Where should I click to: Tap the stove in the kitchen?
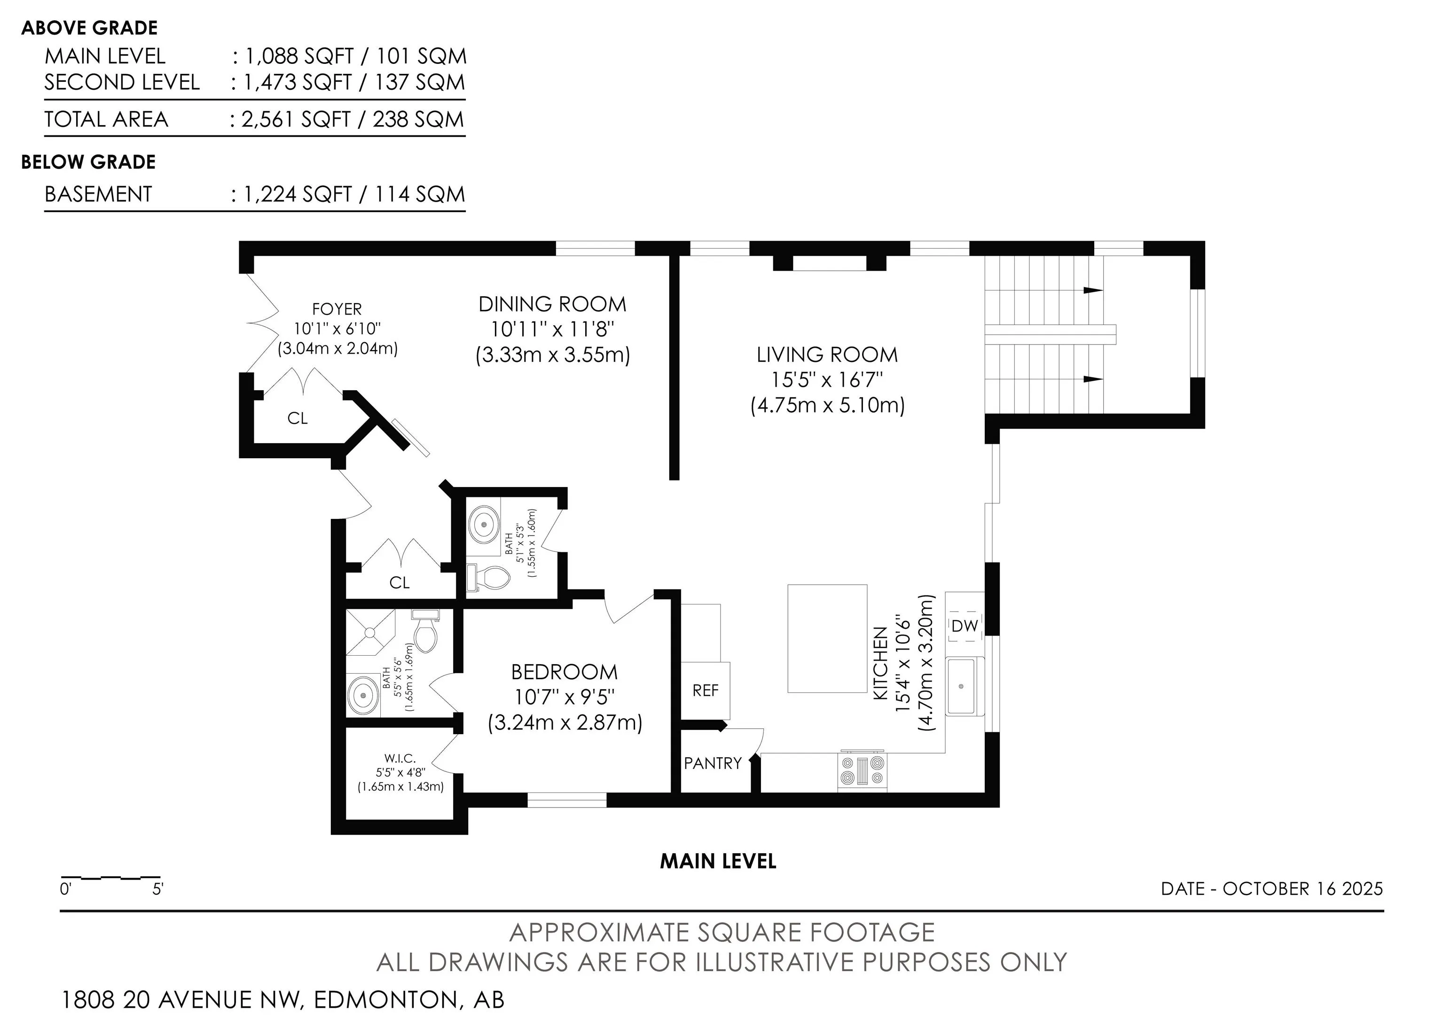click(x=862, y=770)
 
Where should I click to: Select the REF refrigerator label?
click(x=705, y=690)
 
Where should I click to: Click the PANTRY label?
click(x=713, y=763)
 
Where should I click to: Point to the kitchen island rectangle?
click(x=827, y=638)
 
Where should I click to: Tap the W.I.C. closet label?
click(x=400, y=758)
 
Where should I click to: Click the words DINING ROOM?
click(x=552, y=305)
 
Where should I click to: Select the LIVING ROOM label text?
click(x=827, y=355)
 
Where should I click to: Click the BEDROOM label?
click(x=564, y=672)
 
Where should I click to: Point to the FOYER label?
click(x=337, y=309)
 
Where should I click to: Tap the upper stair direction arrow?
click(x=1093, y=290)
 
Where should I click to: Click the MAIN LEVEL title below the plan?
click(x=718, y=861)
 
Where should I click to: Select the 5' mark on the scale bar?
click(x=158, y=889)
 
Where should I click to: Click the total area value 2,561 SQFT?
click(x=296, y=119)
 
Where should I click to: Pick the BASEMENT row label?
click(x=98, y=194)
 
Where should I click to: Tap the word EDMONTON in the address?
click(x=387, y=1000)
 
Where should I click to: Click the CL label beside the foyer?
click(x=298, y=418)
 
